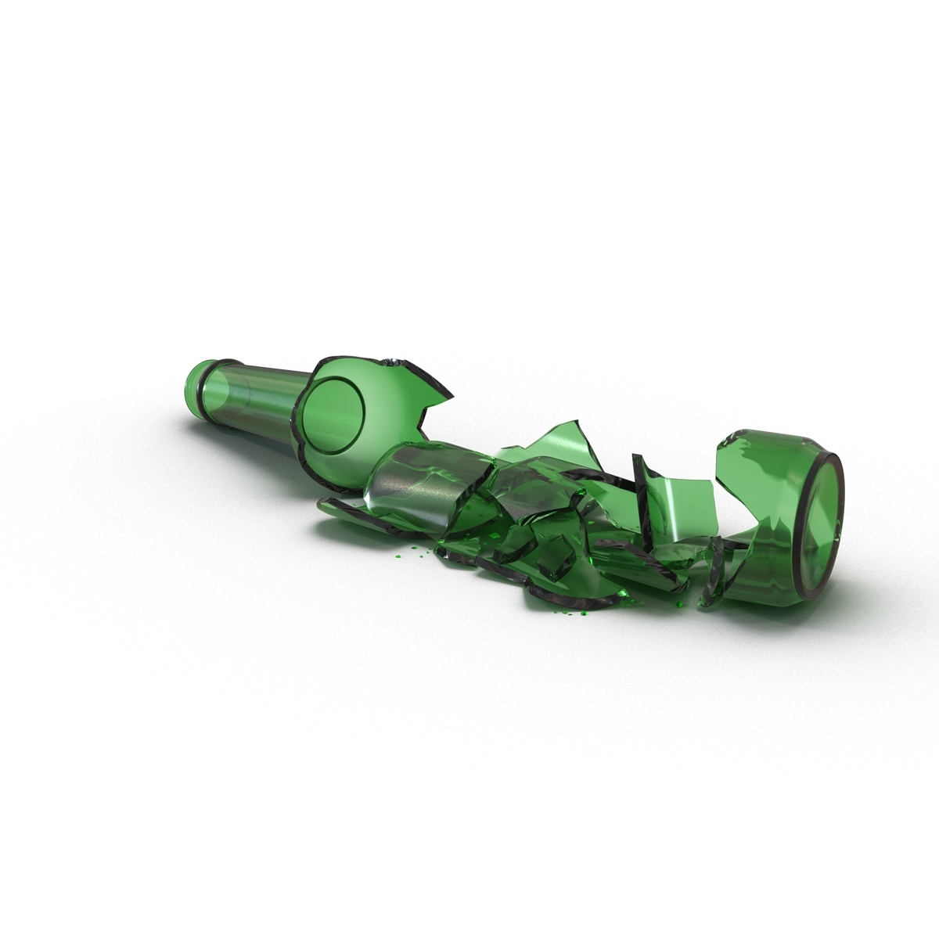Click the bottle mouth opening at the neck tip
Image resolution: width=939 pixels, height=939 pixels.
coord(190,383)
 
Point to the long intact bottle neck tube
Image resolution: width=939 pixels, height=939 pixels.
coord(250,399)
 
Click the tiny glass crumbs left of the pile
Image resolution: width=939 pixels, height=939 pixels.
coord(407,552)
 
